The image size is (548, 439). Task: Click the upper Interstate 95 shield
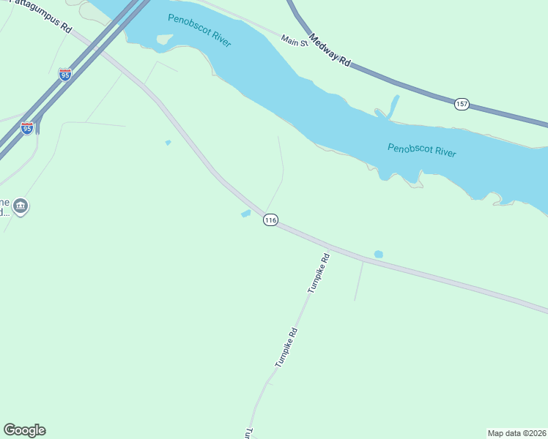[x=65, y=75]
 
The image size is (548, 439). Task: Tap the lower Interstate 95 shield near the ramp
[x=27, y=128]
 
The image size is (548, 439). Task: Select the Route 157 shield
[x=461, y=105]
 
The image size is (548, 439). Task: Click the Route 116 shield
[x=270, y=220]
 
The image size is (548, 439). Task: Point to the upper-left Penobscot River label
[x=199, y=30]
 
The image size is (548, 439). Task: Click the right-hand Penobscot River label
[x=421, y=151]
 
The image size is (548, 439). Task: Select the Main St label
[x=295, y=42]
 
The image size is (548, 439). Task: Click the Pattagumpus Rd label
[x=46, y=19]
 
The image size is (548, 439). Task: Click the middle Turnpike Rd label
[x=286, y=347]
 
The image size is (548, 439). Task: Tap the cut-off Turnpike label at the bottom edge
[x=249, y=433]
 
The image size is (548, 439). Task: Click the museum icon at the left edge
[x=21, y=207]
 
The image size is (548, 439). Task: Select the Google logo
[x=24, y=430]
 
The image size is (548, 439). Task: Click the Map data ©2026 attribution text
[x=516, y=432]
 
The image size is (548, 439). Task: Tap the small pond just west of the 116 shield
[x=245, y=214]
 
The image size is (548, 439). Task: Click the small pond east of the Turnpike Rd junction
[x=378, y=254]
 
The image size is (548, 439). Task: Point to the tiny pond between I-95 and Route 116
[x=168, y=143]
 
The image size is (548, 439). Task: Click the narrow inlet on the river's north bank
[x=394, y=105]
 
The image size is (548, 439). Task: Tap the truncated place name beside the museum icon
[x=4, y=207]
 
